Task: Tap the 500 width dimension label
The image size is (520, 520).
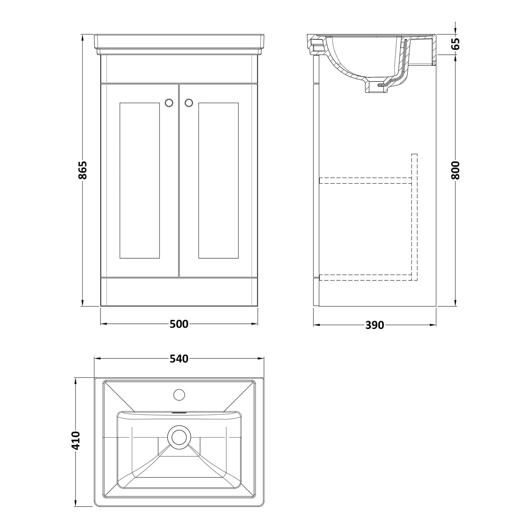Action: point(179,324)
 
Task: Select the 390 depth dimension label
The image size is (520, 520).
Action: point(374,325)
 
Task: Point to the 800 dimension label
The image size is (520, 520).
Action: point(455,170)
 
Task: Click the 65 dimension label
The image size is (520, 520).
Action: point(455,44)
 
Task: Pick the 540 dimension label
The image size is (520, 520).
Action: point(179,359)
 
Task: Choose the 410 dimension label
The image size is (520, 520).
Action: point(76,440)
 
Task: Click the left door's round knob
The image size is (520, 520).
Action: point(169,103)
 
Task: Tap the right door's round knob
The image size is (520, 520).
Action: point(189,103)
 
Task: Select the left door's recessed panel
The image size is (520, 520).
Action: point(139,180)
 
